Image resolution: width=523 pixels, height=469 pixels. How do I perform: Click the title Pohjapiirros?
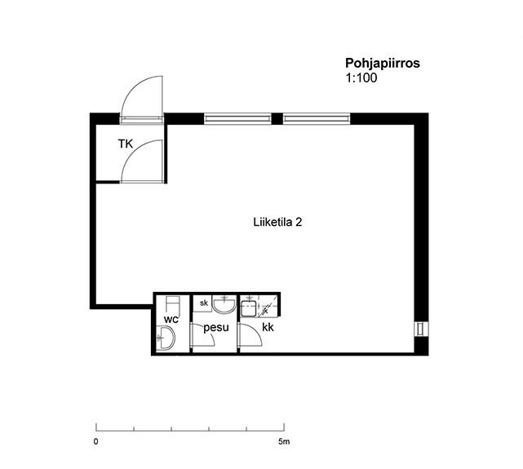pyautogui.click(x=382, y=64)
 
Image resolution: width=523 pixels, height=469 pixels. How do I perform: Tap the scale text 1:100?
pyautogui.click(x=361, y=78)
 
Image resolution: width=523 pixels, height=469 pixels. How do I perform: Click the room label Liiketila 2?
pyautogui.click(x=277, y=222)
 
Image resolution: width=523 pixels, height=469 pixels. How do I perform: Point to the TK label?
pyautogui.click(x=126, y=144)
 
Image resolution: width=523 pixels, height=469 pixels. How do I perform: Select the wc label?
pyautogui.click(x=171, y=320)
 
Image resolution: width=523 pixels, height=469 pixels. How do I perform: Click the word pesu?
pyautogui.click(x=216, y=328)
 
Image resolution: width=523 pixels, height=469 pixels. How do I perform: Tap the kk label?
pyautogui.click(x=268, y=327)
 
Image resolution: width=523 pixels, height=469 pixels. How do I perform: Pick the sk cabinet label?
pyautogui.click(x=204, y=303)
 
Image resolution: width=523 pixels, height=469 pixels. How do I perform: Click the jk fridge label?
pyautogui.click(x=265, y=311)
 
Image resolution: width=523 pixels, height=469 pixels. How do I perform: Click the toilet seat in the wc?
pyautogui.click(x=173, y=305)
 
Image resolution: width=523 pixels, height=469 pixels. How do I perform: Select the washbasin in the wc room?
pyautogui.click(x=166, y=338)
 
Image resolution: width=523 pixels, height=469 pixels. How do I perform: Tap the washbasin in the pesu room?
pyautogui.click(x=224, y=304)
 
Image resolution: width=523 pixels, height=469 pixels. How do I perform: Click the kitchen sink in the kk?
pyautogui.click(x=249, y=308)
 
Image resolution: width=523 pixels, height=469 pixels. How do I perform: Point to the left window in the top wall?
pyautogui.click(x=237, y=118)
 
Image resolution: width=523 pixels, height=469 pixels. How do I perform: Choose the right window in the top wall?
pyautogui.click(x=317, y=118)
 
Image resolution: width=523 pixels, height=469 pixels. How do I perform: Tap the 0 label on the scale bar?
pyautogui.click(x=96, y=441)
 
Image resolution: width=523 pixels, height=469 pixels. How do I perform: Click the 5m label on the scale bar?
pyautogui.click(x=284, y=441)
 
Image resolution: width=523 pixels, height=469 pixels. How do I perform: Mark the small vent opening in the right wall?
pyautogui.click(x=421, y=329)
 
